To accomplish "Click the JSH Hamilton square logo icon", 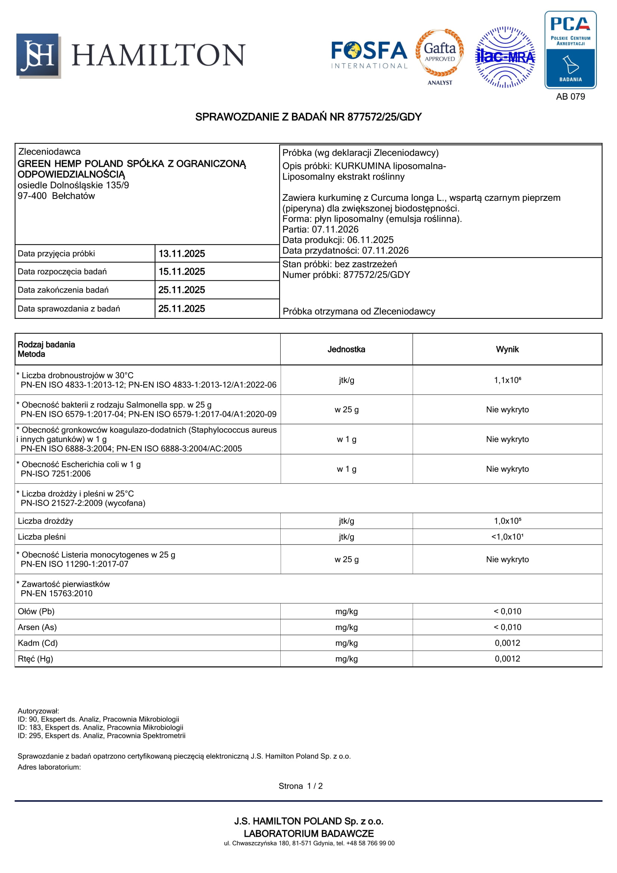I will coord(38,56).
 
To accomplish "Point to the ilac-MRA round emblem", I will coord(505,57).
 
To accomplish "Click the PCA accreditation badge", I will coord(570,49).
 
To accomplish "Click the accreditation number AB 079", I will coord(570,97).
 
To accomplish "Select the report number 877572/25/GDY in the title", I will coord(384,117).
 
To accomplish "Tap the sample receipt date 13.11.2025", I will coord(182,253).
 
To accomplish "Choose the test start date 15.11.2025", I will coord(182,271).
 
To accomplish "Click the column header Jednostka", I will coord(346,349).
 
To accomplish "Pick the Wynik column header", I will coord(507,349).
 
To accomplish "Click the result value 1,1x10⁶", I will coord(507,380).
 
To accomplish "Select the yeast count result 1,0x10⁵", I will coord(507,521).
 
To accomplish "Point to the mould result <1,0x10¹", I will coord(507,537).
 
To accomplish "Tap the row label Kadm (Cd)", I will coord(38,643).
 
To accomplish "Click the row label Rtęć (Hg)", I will coord(35,659).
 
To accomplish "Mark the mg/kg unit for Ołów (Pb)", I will coord(346,611).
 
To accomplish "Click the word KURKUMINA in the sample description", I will coord(362,166).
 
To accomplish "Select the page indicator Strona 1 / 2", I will coord(300,786).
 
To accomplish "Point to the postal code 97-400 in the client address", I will coord(32,196).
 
